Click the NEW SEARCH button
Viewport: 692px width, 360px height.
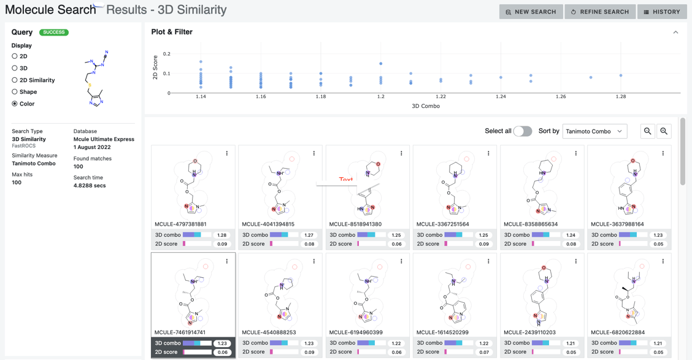point(531,12)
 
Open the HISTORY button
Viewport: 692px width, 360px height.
point(662,12)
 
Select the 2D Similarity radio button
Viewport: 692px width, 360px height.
point(15,80)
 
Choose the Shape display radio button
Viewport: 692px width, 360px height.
point(15,92)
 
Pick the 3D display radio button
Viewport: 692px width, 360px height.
point(15,68)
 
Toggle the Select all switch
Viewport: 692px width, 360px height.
point(522,131)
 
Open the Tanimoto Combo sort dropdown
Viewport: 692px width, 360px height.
point(594,131)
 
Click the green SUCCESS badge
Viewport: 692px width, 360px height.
point(54,32)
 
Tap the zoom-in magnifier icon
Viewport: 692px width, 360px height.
point(664,131)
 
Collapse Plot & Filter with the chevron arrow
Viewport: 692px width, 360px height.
point(675,32)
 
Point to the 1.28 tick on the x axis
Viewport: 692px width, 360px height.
point(621,97)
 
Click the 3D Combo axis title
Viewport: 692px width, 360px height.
point(425,106)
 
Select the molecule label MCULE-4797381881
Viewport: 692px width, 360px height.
point(181,224)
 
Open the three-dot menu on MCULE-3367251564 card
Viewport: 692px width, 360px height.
point(488,153)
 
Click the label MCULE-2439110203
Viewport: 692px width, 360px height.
point(529,332)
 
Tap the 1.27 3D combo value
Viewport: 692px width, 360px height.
point(309,235)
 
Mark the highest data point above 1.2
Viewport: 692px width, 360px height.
point(381,64)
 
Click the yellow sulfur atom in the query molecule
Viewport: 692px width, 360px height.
point(90,85)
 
